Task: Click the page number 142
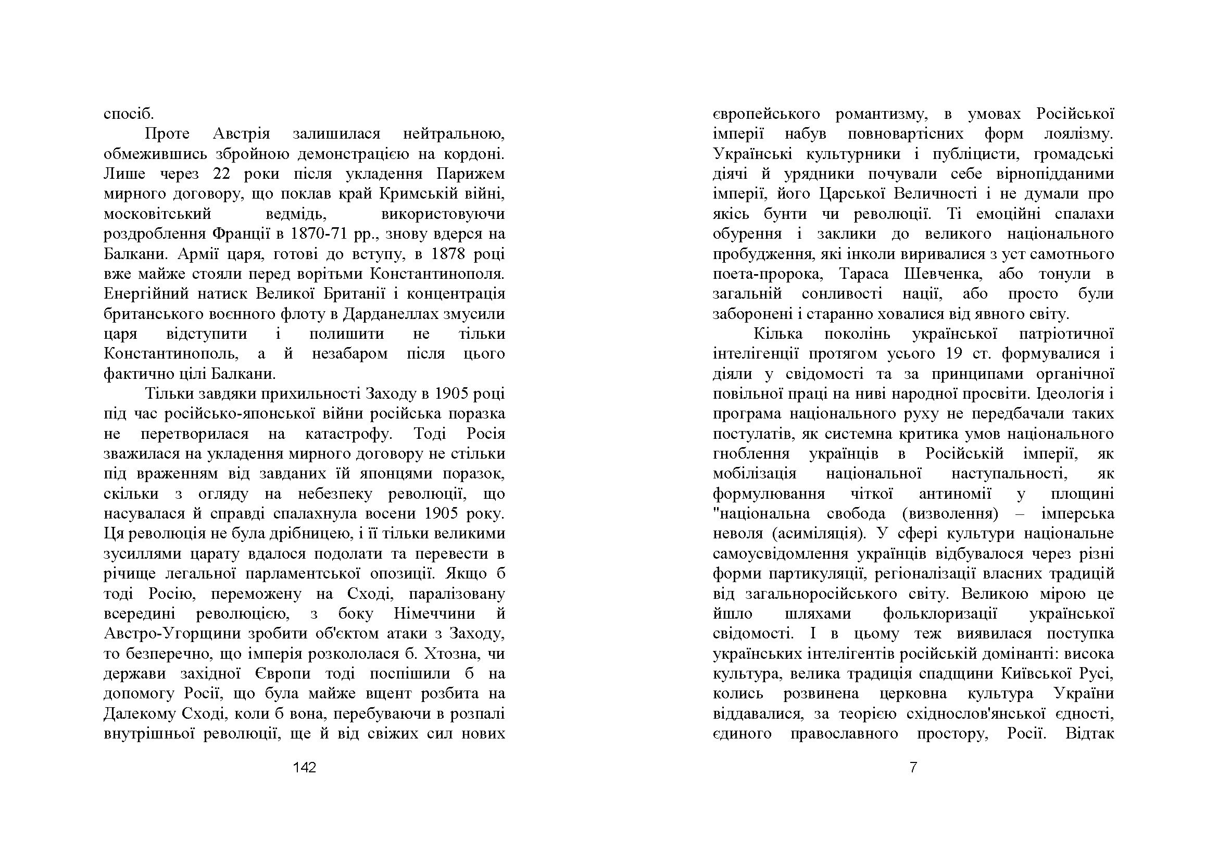tap(305, 768)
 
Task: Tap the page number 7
tap(913, 768)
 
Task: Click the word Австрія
tap(242, 134)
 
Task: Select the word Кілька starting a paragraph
tap(778, 334)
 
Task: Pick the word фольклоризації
tap(940, 613)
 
